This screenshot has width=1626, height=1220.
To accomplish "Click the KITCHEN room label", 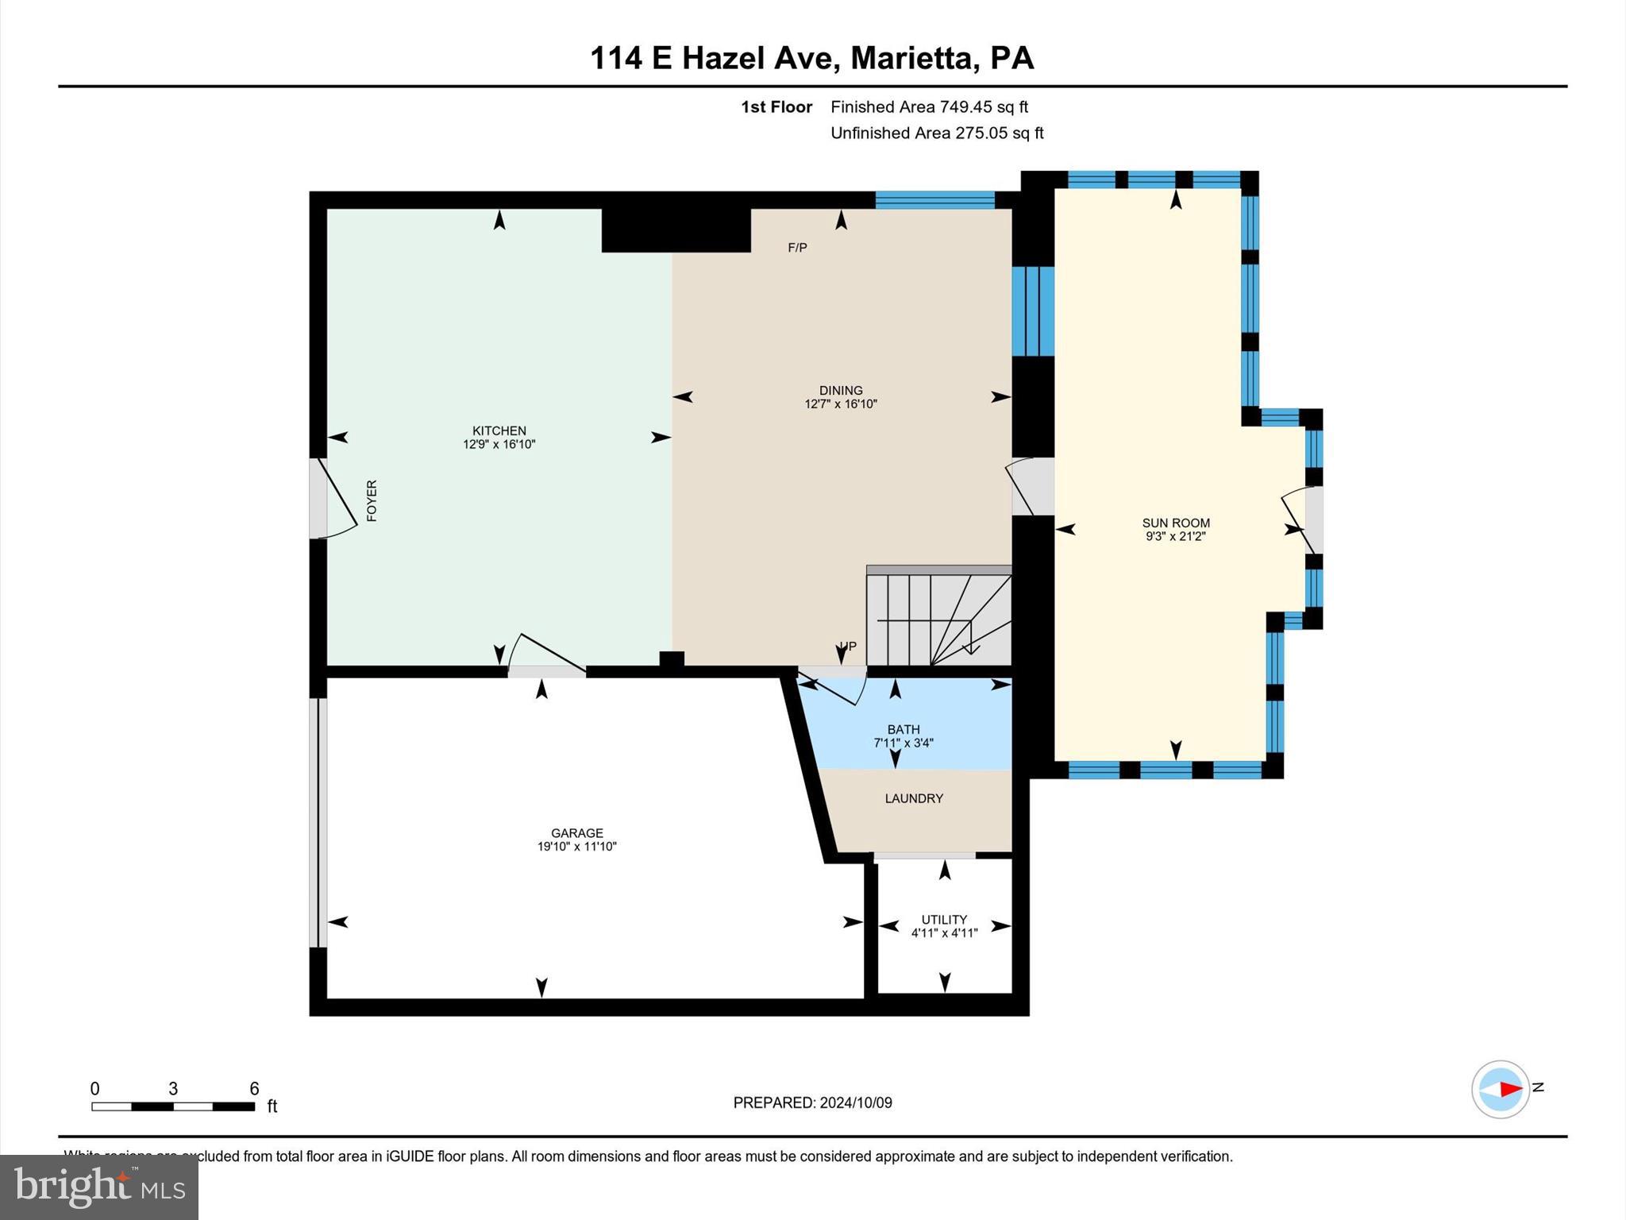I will [x=499, y=430].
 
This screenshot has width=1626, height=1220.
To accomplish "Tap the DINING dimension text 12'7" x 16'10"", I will [x=841, y=404].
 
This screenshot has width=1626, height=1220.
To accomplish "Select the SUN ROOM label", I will [x=1176, y=523].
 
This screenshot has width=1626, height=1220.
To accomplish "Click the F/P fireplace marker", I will [x=797, y=248].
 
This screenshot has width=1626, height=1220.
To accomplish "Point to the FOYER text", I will [x=372, y=500].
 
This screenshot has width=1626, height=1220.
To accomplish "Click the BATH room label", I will [x=904, y=729].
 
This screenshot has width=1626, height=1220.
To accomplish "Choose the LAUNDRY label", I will [x=914, y=798].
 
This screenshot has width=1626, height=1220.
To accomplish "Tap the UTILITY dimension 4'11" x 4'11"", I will [x=944, y=933].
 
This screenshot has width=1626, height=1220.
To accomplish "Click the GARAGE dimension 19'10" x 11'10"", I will [x=577, y=847].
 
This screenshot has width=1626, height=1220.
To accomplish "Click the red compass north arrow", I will [x=1509, y=1089].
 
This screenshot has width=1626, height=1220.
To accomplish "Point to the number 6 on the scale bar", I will [x=254, y=1089].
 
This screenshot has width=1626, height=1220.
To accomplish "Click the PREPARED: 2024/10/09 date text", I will [x=812, y=1102].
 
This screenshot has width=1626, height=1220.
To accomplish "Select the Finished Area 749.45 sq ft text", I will [x=929, y=106].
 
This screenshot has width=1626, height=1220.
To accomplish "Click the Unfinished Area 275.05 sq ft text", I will [x=937, y=133].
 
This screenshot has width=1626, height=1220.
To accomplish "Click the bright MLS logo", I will [x=99, y=1187].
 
